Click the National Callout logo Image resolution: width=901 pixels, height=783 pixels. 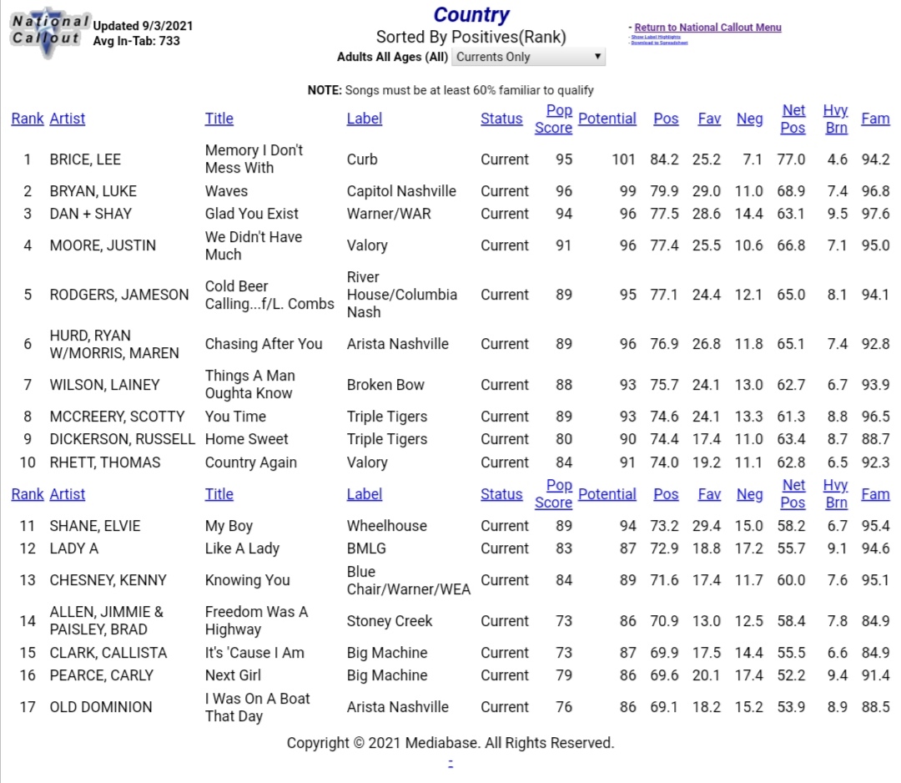pyautogui.click(x=49, y=32)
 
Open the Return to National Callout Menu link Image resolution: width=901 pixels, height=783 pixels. pyautogui.click(x=707, y=28)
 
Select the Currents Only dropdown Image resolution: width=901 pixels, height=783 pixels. pyautogui.click(x=528, y=57)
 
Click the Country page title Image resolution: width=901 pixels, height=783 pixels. pyautogui.click(x=471, y=15)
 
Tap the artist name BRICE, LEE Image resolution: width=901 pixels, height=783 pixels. pyautogui.click(x=85, y=159)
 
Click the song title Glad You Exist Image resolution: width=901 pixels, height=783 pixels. pyautogui.click(x=252, y=214)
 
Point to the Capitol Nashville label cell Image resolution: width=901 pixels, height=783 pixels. pyautogui.click(x=401, y=191)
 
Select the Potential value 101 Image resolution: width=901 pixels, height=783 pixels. pyautogui.click(x=623, y=159)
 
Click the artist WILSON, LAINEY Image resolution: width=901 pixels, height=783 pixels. pyautogui.click(x=104, y=385)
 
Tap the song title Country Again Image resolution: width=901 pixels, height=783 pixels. pyautogui.click(x=251, y=462)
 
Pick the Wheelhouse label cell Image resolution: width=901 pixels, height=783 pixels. pyautogui.click(x=386, y=526)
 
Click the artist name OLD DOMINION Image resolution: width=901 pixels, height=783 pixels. pyautogui.click(x=101, y=707)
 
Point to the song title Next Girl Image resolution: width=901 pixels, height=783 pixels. pyautogui.click(x=233, y=675)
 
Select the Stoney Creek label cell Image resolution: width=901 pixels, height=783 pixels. pyautogui.click(x=390, y=621)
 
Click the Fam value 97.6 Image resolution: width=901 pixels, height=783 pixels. pyautogui.click(x=875, y=214)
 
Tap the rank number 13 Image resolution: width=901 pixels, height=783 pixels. pyautogui.click(x=28, y=580)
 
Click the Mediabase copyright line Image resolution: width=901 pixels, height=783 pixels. pyautogui.click(x=450, y=743)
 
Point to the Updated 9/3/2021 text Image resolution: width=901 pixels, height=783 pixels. pyautogui.click(x=143, y=26)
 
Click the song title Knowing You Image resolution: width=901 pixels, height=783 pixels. pyautogui.click(x=248, y=580)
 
